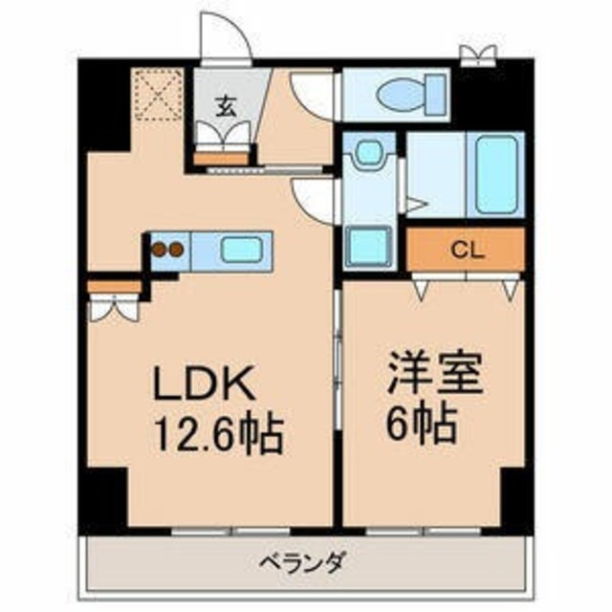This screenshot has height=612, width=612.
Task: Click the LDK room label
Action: pyautogui.click(x=204, y=387)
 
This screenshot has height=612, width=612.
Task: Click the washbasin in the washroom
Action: pyautogui.click(x=364, y=153)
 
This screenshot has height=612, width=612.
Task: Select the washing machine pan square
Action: pyautogui.click(x=366, y=246)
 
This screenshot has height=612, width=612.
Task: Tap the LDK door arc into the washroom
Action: pyautogui.click(x=314, y=198)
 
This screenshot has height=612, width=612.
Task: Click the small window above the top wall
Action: pyautogui.click(x=473, y=55)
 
